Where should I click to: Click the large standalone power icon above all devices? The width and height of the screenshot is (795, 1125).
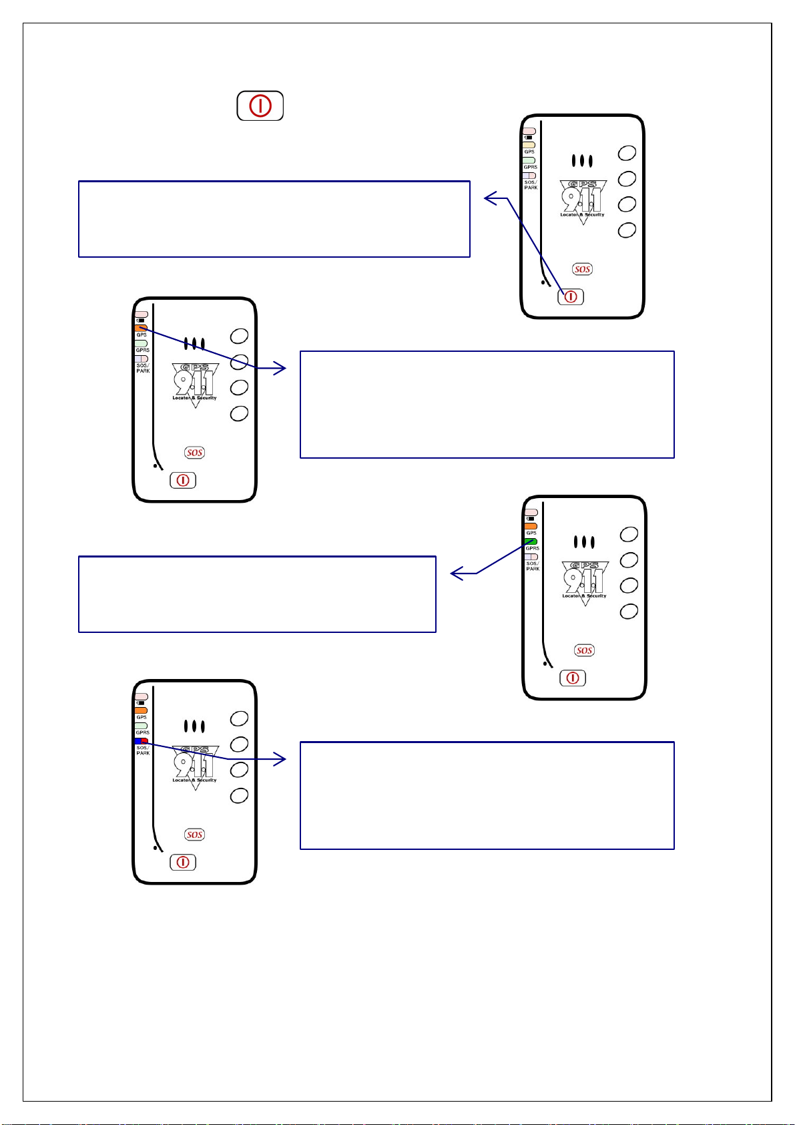(260, 106)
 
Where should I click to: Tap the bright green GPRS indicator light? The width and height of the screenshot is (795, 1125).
(531, 541)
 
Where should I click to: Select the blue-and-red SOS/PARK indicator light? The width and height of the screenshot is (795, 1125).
(141, 741)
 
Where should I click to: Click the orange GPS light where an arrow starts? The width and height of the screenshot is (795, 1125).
(141, 328)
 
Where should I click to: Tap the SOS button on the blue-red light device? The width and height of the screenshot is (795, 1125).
(194, 835)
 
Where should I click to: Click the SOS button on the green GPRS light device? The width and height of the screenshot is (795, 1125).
(584, 650)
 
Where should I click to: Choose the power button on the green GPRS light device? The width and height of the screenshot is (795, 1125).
(572, 678)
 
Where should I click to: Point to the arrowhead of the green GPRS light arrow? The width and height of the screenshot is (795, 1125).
(455, 574)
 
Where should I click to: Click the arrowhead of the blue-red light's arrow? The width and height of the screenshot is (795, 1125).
(283, 759)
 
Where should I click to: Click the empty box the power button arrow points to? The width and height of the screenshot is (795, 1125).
(274, 219)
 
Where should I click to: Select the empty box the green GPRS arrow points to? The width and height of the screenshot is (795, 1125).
(257, 594)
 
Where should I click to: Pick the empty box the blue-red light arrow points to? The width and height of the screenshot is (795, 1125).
(487, 795)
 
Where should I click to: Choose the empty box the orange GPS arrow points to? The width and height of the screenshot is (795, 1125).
(487, 405)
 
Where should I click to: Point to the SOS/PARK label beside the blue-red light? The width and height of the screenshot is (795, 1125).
(143, 750)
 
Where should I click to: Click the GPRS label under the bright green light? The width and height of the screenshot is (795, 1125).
(532, 549)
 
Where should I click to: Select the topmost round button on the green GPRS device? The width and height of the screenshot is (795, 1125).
(629, 534)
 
